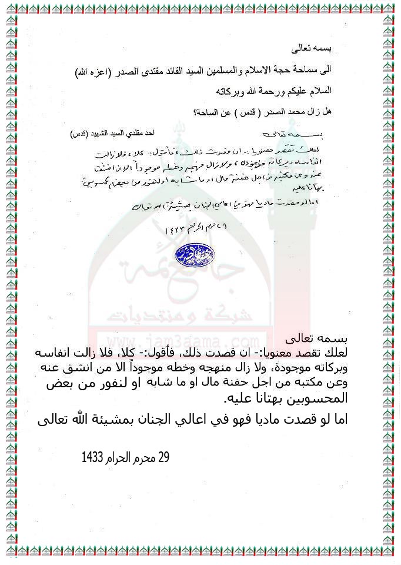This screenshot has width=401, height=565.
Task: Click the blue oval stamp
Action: (195, 255)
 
